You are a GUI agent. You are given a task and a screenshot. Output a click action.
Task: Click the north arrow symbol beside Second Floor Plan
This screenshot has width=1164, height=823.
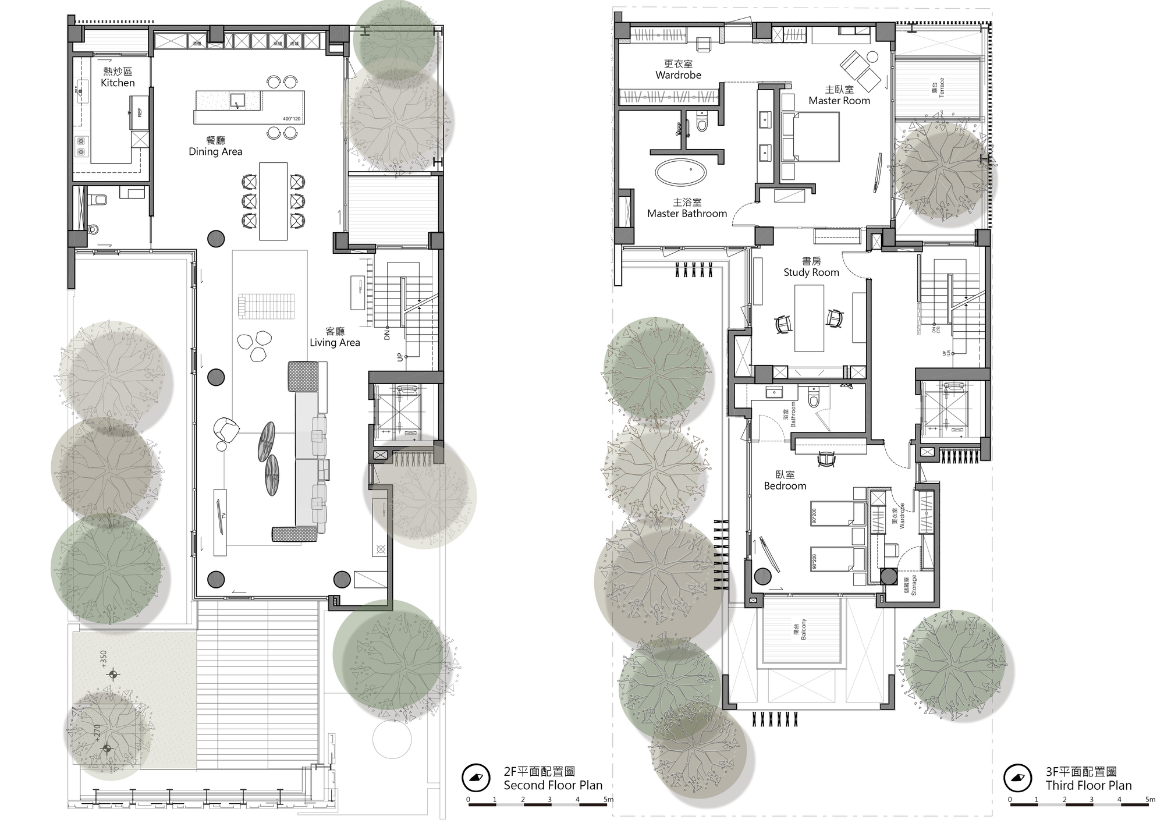[475, 778]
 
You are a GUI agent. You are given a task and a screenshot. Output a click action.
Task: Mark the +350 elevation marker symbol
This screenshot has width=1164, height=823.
[113, 675]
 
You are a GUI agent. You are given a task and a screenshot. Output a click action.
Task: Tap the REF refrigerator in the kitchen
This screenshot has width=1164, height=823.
[139, 112]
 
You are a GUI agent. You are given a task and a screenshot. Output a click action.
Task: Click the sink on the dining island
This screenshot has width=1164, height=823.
[237, 101]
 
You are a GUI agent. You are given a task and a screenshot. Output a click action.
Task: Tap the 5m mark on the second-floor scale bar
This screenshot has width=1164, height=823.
[608, 800]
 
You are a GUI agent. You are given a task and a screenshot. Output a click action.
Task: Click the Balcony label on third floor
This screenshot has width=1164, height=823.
[804, 629]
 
